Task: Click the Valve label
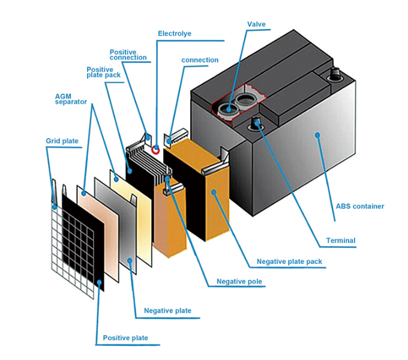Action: (x=256, y=24)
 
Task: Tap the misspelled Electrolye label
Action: (x=175, y=34)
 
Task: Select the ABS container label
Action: (x=360, y=206)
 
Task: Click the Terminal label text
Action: (x=341, y=241)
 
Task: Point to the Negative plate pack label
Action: (x=289, y=262)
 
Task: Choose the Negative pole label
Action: (x=239, y=281)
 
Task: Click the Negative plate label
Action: (x=167, y=310)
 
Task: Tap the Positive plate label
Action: (x=125, y=338)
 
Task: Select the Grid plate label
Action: (x=62, y=141)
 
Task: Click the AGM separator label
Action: (x=71, y=99)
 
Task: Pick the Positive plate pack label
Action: (x=103, y=73)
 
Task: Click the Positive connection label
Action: (x=128, y=55)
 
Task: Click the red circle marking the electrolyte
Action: (x=155, y=149)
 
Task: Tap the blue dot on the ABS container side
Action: (x=317, y=135)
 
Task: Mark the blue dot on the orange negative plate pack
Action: (x=214, y=192)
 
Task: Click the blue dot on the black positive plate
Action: (x=99, y=282)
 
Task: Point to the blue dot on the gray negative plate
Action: (x=130, y=260)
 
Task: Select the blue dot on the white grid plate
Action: (x=55, y=207)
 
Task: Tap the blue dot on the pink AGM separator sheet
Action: (x=83, y=193)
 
